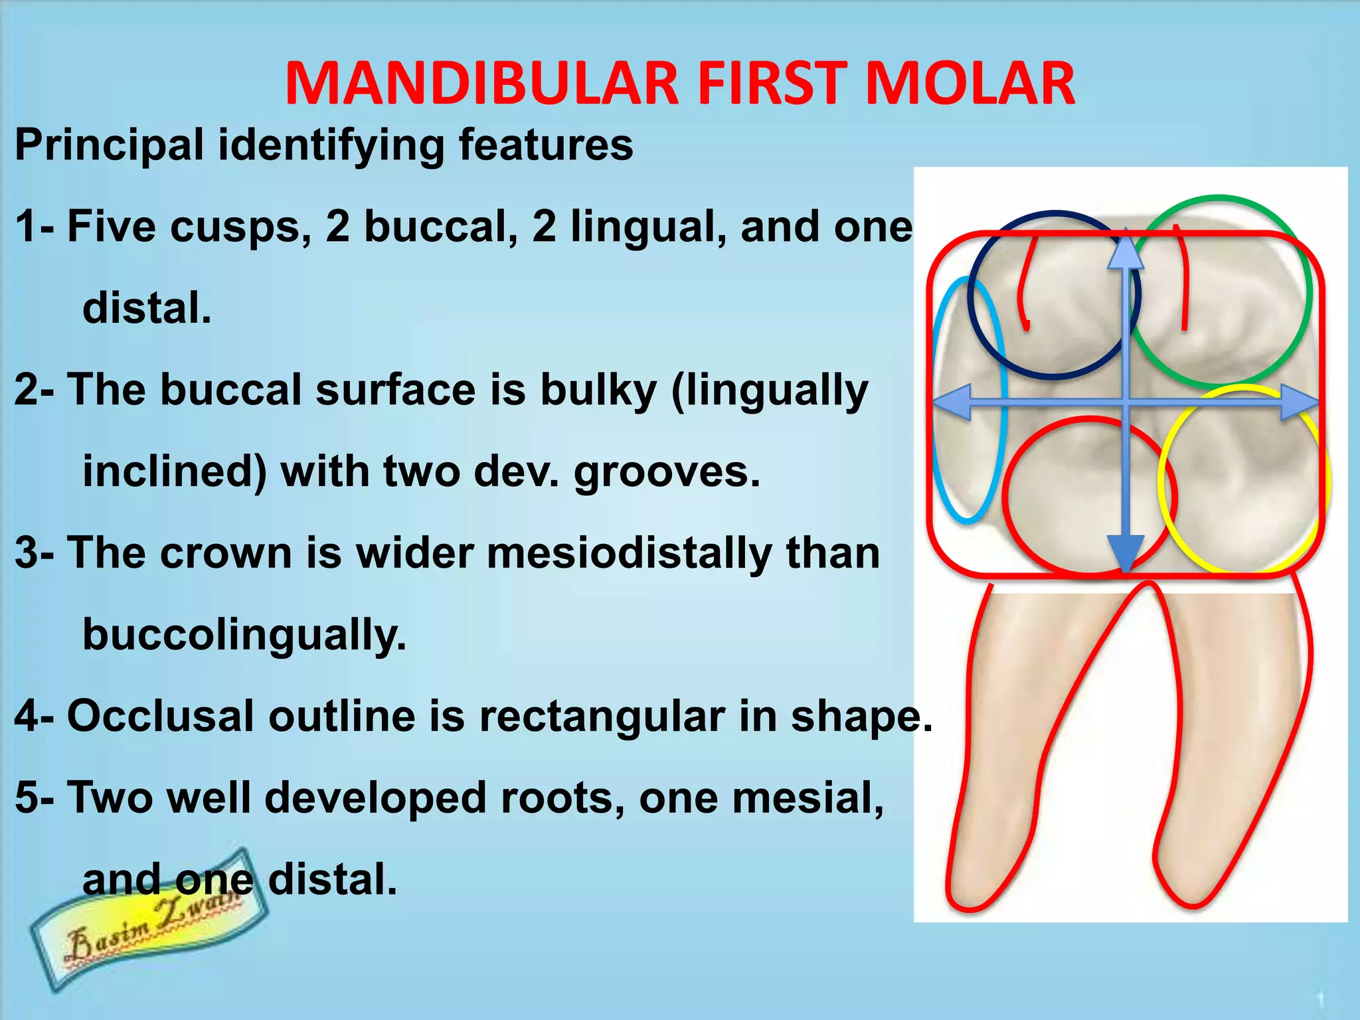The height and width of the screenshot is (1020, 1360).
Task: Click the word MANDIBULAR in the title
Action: pos(482,84)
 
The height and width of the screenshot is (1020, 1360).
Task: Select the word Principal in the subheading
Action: pos(110,145)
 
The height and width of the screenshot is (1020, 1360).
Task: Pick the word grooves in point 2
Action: pos(667,471)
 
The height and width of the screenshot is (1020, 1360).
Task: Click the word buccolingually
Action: pos(244,635)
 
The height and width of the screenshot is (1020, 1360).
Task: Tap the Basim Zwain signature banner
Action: pos(149,920)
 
